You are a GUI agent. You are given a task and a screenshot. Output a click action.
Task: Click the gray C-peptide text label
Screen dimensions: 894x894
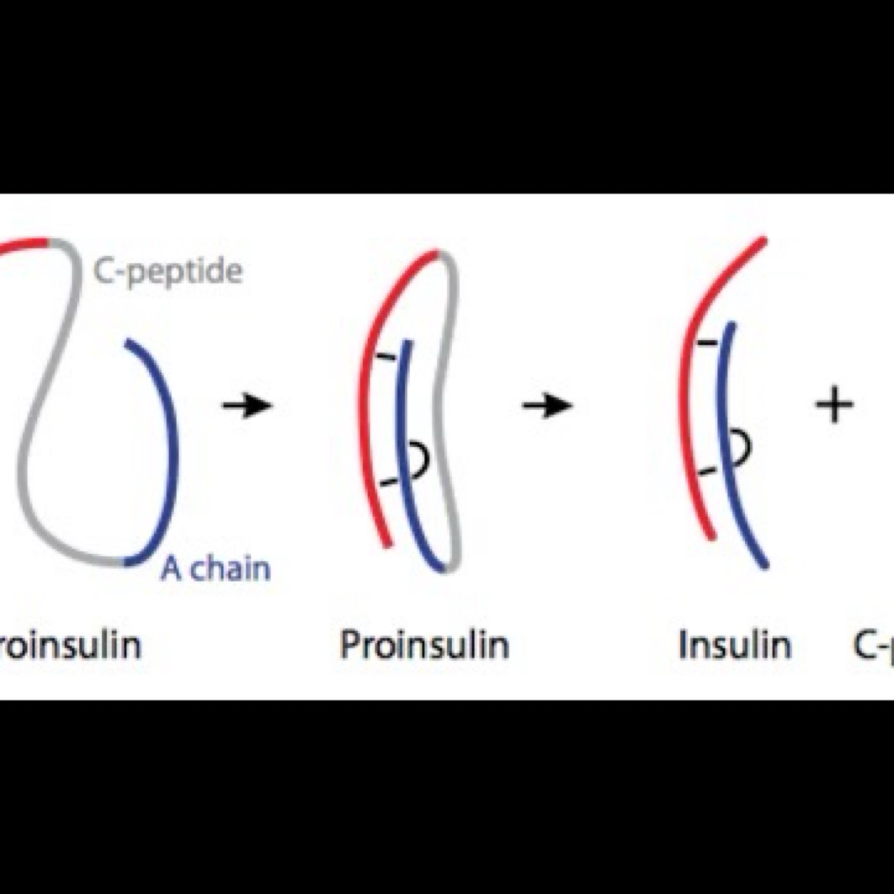click(168, 271)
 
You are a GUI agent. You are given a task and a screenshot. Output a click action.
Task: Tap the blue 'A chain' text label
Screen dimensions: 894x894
click(216, 569)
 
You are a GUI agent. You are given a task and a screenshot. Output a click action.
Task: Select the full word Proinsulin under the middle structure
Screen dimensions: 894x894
click(424, 645)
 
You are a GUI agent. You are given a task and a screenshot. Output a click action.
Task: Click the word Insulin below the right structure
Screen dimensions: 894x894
click(735, 645)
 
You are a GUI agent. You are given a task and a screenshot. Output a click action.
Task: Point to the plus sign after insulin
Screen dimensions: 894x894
click(834, 405)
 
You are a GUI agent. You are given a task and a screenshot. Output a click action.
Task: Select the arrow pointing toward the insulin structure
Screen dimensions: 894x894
click(547, 405)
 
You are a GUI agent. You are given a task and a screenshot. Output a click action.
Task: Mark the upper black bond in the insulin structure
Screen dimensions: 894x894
click(706, 343)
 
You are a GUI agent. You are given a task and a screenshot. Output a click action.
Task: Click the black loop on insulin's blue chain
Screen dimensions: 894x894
click(742, 447)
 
